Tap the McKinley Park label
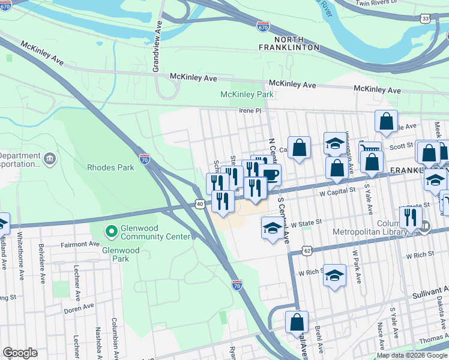click(247, 95)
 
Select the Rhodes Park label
click(110, 168)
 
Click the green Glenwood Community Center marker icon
click(110, 230)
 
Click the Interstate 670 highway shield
click(264, 27)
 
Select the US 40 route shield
click(199, 205)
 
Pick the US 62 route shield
click(307, 249)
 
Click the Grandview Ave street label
click(157, 47)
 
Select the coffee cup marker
click(270, 175)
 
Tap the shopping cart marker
click(370, 151)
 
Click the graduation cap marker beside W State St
click(273, 227)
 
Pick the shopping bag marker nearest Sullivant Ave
click(297, 322)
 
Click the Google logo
click(20, 353)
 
